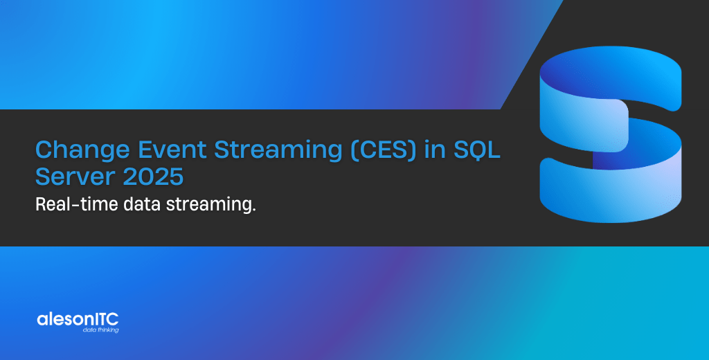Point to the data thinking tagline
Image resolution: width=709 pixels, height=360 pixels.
(100, 331)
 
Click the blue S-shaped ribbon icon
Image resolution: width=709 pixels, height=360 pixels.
(610, 138)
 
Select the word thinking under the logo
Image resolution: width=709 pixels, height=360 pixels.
(107, 331)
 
